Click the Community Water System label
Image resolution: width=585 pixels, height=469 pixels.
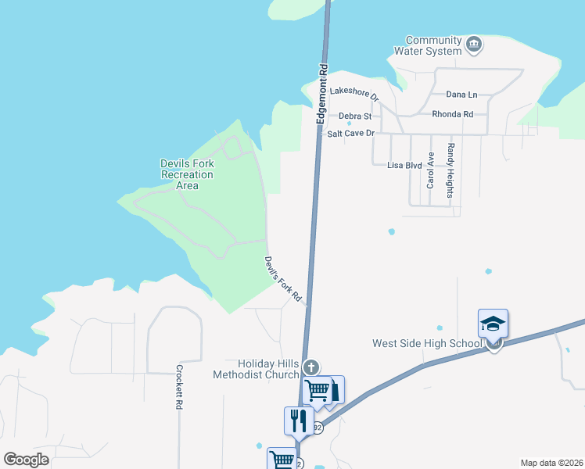click(433, 46)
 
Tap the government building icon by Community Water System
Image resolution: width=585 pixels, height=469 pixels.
click(473, 45)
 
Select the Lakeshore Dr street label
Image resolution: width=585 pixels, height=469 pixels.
click(354, 93)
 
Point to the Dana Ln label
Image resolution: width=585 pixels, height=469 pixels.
click(461, 95)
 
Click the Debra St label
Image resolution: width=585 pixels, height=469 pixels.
click(354, 116)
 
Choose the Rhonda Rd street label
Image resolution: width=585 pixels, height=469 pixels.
click(452, 114)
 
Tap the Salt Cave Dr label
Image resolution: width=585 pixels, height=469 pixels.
click(351, 134)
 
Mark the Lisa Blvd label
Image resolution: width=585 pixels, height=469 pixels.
click(404, 166)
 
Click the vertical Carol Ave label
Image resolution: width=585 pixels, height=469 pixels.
click(430, 170)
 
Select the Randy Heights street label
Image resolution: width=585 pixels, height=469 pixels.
click(450, 170)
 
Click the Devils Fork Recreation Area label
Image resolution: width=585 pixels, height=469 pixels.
click(187, 174)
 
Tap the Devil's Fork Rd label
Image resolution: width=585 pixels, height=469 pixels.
click(283, 279)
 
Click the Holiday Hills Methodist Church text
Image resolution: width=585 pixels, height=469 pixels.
click(256, 369)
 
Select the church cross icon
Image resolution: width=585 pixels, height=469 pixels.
click(311, 367)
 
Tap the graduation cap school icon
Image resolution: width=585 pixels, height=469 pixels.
click(493, 323)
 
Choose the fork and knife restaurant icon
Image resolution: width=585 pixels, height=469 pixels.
click(298, 420)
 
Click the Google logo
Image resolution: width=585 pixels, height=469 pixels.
click(27, 460)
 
